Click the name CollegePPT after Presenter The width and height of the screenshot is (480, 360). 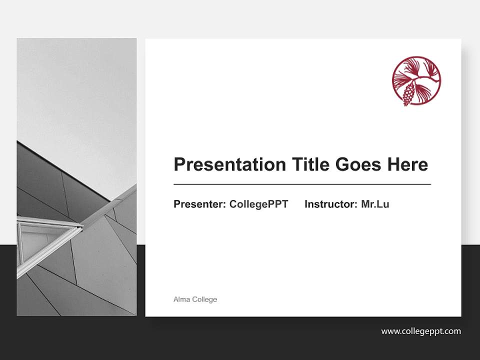pyautogui.click(x=258, y=204)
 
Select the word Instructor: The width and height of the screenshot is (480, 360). pyautogui.click(x=330, y=204)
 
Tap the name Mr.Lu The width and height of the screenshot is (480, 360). pyautogui.click(x=375, y=204)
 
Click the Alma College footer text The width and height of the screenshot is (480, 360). pyautogui.click(x=195, y=299)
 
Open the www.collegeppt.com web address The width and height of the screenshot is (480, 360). pyautogui.click(x=420, y=331)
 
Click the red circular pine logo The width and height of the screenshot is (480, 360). pyautogui.click(x=416, y=80)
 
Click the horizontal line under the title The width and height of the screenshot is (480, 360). pyautogui.click(x=302, y=184)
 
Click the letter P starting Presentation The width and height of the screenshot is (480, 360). pyautogui.click(x=179, y=164)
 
